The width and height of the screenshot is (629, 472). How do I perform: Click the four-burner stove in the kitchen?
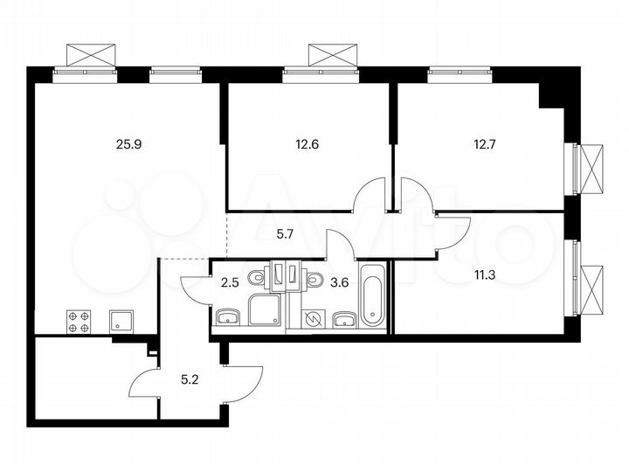coord(79,323)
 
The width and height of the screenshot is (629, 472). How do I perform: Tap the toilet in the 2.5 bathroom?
coord(255,278)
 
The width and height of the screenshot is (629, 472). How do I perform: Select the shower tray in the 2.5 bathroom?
coord(266,310)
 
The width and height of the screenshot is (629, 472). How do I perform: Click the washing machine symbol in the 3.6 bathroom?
coord(311,319)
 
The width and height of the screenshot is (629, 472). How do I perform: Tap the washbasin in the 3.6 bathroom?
coord(343,319)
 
